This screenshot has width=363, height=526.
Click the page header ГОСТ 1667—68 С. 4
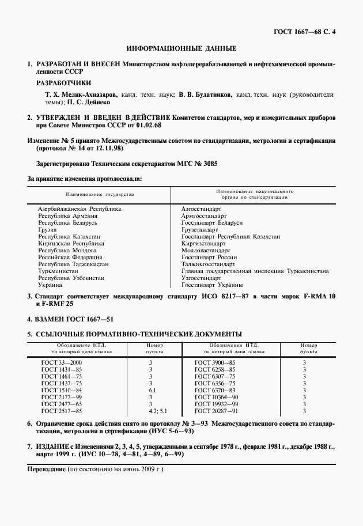point(305,31)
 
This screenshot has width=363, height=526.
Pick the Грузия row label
point(47,229)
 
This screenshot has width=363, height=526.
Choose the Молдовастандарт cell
point(206,250)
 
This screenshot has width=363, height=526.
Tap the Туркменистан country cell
point(58,271)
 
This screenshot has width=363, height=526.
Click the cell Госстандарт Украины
point(211,285)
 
